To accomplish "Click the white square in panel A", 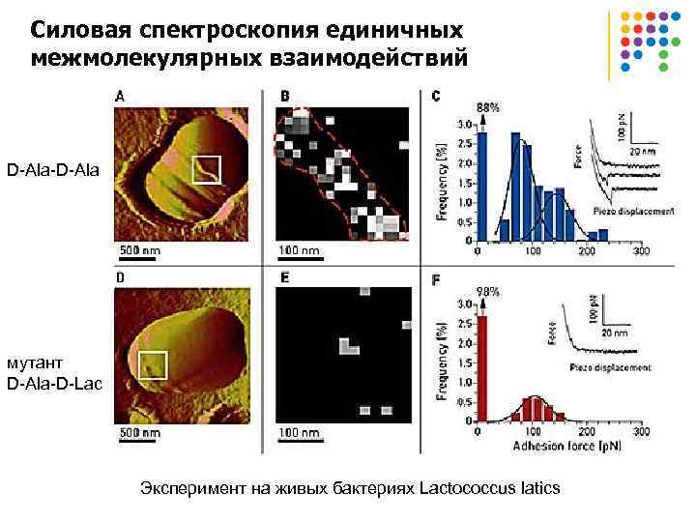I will [206, 170].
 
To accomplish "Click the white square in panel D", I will [151, 365].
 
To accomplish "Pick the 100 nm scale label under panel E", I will [299, 432].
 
